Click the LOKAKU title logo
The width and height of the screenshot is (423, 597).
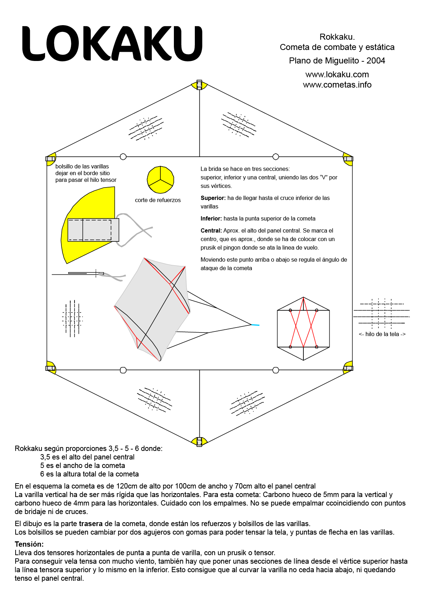(112, 44)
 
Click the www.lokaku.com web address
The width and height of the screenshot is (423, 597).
(337, 74)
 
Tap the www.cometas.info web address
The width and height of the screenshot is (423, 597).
(337, 85)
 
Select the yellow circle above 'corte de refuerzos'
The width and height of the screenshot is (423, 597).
(160, 179)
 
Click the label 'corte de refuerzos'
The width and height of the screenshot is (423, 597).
(158, 200)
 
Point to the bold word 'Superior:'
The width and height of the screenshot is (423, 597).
(213, 198)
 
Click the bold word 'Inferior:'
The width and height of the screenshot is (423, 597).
(211, 218)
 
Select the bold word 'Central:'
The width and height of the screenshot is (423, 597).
(211, 230)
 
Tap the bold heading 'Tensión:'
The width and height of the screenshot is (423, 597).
(29, 544)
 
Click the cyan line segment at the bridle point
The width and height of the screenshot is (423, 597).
(256, 325)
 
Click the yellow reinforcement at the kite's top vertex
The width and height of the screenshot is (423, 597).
(199, 85)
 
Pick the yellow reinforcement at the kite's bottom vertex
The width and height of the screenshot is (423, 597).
(199, 441)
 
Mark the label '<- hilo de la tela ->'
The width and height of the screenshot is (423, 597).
(382, 334)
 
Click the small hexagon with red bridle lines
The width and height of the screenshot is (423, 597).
(303, 329)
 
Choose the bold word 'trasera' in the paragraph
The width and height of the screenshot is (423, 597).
(90, 524)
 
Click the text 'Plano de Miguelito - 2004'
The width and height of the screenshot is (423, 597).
(337, 61)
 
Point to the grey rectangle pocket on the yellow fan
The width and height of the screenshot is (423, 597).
(93, 230)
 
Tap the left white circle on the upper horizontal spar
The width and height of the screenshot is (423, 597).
(123, 156)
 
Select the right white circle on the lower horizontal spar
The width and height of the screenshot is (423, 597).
(276, 370)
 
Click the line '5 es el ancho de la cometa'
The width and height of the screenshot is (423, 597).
(82, 465)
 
